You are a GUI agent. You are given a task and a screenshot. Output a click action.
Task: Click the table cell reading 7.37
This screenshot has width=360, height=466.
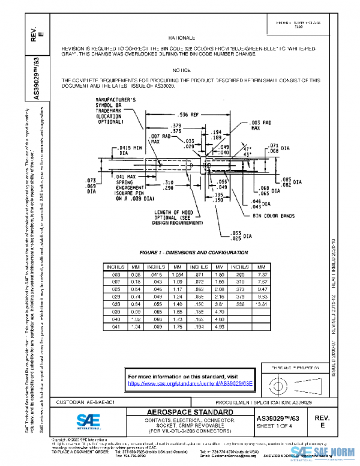pos(260,274)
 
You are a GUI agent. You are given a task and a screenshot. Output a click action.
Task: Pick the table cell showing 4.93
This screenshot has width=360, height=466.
pos(219,327)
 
